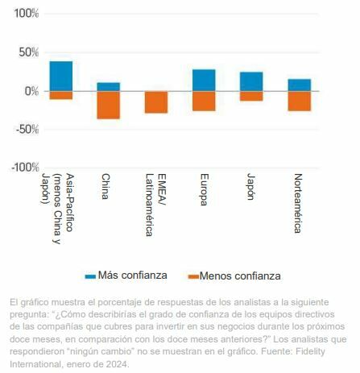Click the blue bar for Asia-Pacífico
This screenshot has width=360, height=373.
click(x=60, y=77)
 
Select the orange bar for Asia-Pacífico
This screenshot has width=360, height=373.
click(x=60, y=95)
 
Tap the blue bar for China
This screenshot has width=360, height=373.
click(x=108, y=86)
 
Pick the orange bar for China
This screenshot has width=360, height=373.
click(x=108, y=105)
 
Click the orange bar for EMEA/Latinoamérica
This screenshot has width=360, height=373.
click(x=155, y=102)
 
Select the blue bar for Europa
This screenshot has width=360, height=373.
click(x=204, y=80)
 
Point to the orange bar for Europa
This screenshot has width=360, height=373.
click(x=204, y=101)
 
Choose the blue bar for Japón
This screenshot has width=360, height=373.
click(x=251, y=81)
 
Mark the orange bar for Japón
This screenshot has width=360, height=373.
click(x=251, y=96)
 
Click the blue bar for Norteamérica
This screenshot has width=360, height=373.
click(x=299, y=85)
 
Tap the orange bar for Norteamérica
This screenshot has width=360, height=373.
click(x=299, y=101)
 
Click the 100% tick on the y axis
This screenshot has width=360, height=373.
click(x=26, y=14)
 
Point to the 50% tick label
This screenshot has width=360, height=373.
click(x=28, y=52)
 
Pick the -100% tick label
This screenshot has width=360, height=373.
click(x=24, y=168)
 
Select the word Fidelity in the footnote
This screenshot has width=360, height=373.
click(x=325, y=353)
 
